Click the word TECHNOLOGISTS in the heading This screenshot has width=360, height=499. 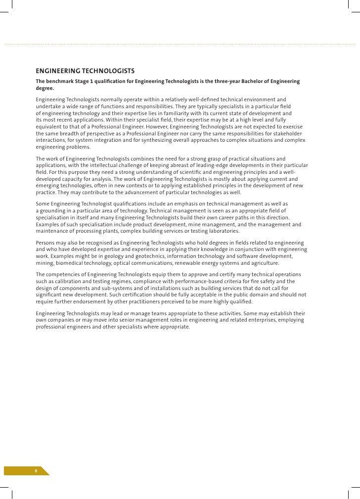(106, 71)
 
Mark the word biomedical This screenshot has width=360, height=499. (70, 263)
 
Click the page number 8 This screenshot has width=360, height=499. (36, 470)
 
